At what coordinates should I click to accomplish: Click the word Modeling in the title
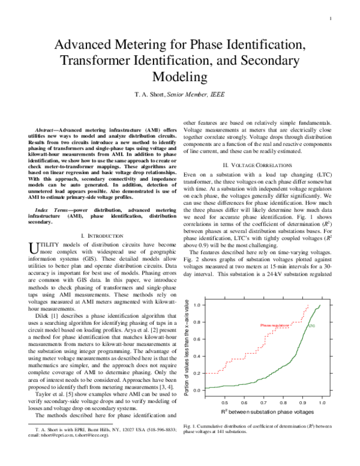pyautogui.click(x=180, y=76)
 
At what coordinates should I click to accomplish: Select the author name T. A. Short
pyautogui.click(x=148, y=94)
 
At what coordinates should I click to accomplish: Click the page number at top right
pyautogui.click(x=331, y=17)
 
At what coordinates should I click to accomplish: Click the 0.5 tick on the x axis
pyautogui.click(x=225, y=402)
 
